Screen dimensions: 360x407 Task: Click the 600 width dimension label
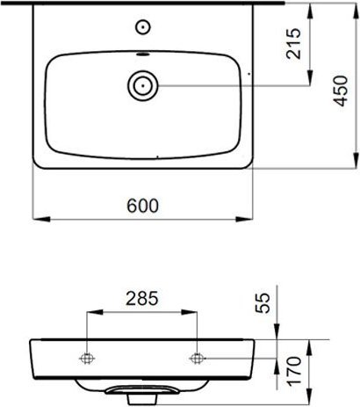143,206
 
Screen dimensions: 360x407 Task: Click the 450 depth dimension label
341,91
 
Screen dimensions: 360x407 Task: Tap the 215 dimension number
293,44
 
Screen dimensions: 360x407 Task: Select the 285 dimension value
142,299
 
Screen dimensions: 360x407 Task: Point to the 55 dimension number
263,303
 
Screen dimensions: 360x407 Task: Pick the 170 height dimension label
293,370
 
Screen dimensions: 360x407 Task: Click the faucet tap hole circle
143,27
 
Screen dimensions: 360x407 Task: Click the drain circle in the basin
143,85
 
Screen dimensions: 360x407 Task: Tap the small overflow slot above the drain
143,55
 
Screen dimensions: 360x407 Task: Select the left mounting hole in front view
87,358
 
